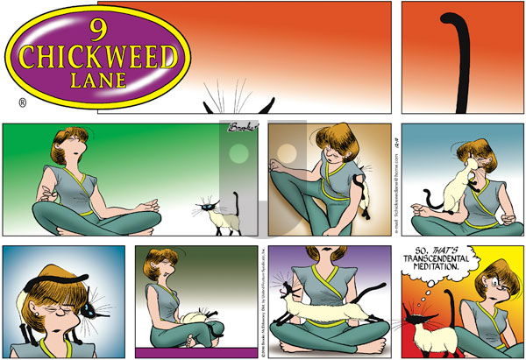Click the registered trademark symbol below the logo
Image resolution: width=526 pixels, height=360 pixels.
click(21, 103)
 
